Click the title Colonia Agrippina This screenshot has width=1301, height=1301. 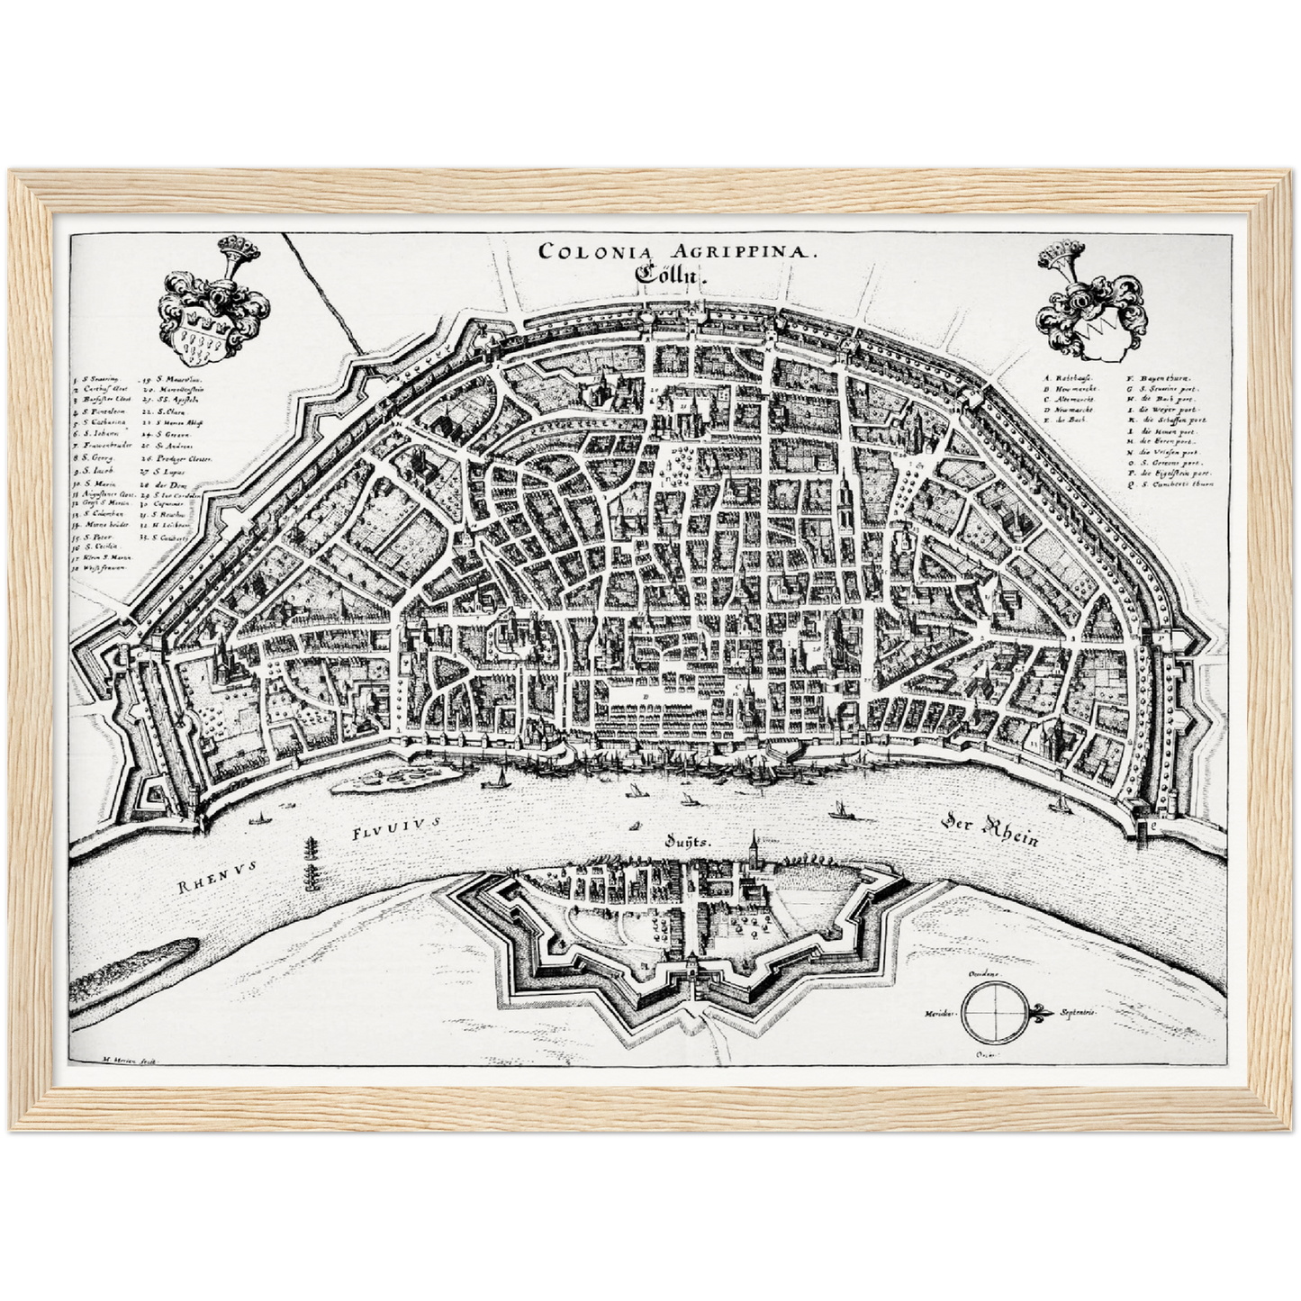[x=679, y=252]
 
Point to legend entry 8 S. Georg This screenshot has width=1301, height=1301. [x=97, y=457]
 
